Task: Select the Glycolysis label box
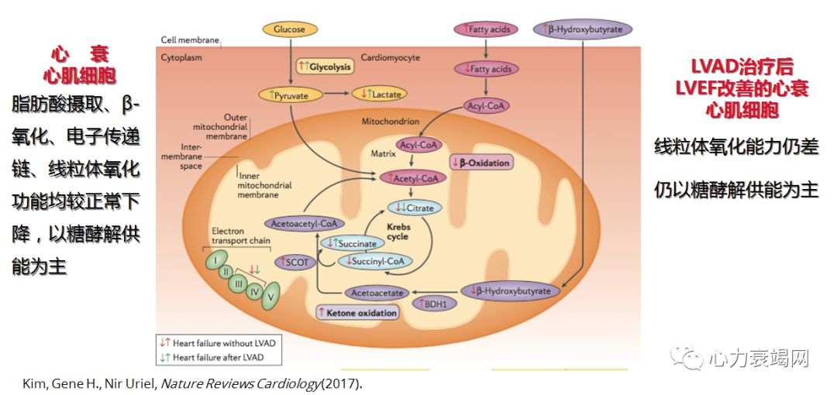click(x=325, y=67)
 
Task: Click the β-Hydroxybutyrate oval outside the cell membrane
click(x=583, y=29)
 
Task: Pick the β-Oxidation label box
click(x=481, y=163)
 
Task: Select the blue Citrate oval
click(x=415, y=208)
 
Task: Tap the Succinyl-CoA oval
click(x=373, y=261)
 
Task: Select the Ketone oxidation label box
click(x=356, y=313)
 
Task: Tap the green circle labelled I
click(x=215, y=260)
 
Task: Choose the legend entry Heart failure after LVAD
click(x=217, y=357)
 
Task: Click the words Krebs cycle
click(x=398, y=232)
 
